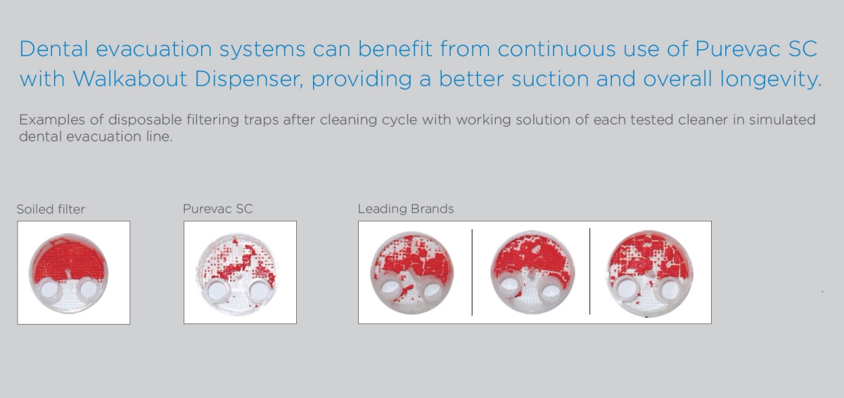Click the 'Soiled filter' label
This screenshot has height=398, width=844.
coord(51,209)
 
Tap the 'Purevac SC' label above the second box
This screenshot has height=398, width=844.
coord(218,209)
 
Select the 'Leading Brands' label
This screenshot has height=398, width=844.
coord(406,209)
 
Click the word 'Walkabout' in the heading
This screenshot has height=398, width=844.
coord(130,79)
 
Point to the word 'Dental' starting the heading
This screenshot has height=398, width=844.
coord(54,49)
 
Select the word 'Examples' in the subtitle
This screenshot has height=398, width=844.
coord(52,120)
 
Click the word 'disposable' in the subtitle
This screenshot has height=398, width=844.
coord(145,120)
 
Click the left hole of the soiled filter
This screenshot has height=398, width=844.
coord(49,290)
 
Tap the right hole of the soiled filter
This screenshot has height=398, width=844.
coord(89,290)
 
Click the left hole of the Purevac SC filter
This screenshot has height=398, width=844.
coord(217,291)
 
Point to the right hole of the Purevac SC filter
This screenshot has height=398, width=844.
coord(259,290)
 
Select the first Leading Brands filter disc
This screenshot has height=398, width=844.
coord(412,273)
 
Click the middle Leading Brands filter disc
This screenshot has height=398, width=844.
coord(532,272)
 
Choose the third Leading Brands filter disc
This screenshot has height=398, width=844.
coord(649,274)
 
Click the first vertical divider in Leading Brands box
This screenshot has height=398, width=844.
coord(472,272)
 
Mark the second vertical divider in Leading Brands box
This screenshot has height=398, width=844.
coord(589,271)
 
